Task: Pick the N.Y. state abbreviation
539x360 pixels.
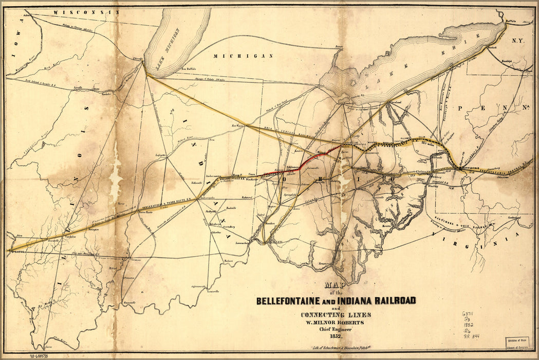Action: click(x=516, y=40)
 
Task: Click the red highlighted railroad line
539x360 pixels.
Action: click(x=303, y=162)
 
